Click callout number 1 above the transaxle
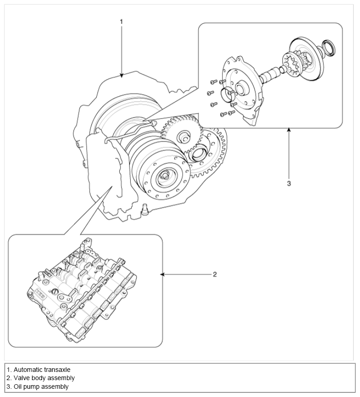(121, 21)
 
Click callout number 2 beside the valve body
(214, 275)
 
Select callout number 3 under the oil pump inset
(288, 183)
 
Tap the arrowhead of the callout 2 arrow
(162, 275)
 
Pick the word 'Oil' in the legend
(18, 387)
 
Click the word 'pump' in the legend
(31, 387)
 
